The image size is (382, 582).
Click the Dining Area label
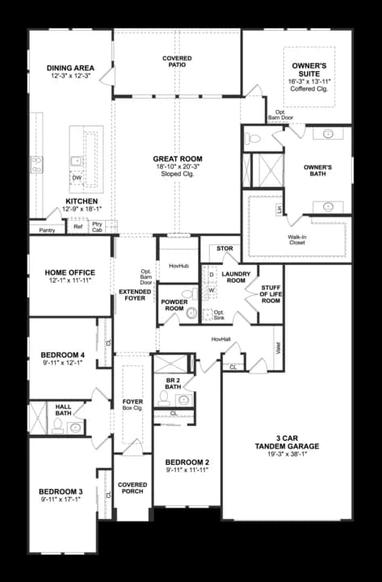[71, 67]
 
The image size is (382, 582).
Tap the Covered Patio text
[176, 63]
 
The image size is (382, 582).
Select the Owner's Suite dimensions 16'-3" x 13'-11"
[309, 82]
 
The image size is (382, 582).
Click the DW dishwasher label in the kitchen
[77, 178]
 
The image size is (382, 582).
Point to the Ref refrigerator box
[78, 227]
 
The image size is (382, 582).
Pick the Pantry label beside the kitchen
[46, 230]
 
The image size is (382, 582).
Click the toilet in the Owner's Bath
[252, 139]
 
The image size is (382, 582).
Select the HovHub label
[178, 265]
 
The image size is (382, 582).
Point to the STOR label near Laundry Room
[225, 249]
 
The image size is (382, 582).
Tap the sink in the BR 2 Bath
[183, 399]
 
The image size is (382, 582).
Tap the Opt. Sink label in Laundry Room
[219, 314]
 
